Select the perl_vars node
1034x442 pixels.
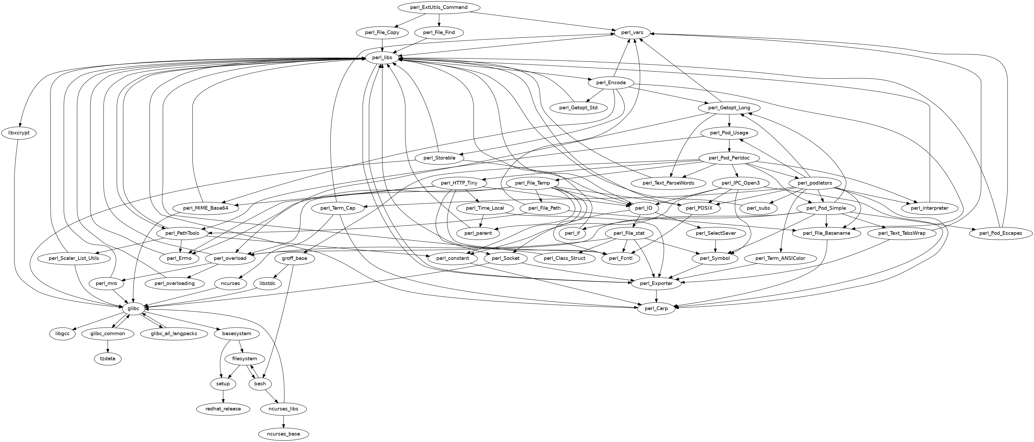632,32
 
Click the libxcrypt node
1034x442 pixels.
19,133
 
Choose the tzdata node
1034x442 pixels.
108,359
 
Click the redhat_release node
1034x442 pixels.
223,409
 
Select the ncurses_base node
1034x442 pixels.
284,434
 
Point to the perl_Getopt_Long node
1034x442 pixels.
729,108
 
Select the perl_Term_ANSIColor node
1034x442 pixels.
780,258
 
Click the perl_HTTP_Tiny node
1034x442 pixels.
459,183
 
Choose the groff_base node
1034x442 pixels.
295,258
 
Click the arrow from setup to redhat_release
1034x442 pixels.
223,396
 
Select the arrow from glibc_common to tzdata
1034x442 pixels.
108,346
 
